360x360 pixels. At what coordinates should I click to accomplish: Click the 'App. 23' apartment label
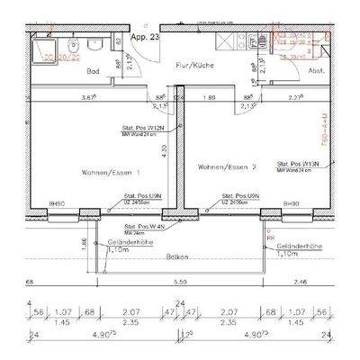tap(145, 39)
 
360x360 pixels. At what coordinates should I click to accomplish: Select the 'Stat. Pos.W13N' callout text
tap(300, 164)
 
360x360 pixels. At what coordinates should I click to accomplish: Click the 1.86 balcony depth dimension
tap(84, 243)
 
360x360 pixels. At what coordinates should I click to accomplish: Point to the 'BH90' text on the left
tap(55, 204)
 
